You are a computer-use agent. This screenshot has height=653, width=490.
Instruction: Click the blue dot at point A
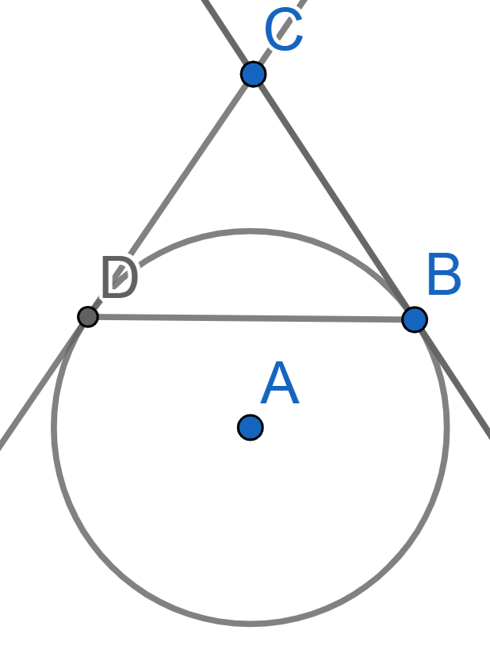pos(250,427)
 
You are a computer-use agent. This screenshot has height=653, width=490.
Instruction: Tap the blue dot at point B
pos(415,319)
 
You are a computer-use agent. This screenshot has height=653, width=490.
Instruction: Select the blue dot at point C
pos(254,74)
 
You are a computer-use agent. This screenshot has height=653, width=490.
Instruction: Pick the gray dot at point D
pos(88,317)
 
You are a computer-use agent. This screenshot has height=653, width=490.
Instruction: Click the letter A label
pos(280,383)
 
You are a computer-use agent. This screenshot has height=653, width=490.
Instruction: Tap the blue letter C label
pos(284,30)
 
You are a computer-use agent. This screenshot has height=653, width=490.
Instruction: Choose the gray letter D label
pos(120,277)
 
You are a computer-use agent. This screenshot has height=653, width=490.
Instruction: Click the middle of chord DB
pos(251,318)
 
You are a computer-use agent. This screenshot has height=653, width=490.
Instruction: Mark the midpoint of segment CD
pos(170,196)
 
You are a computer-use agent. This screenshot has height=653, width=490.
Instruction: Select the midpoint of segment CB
pos(334,197)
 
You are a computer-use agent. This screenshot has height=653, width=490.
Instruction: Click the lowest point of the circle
pos(250,624)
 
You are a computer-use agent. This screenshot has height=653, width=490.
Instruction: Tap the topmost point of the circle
pos(250,231)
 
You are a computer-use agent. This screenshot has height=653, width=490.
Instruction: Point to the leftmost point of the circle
pos(54,427)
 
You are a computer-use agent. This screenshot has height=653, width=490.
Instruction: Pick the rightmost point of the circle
pos(446,427)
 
